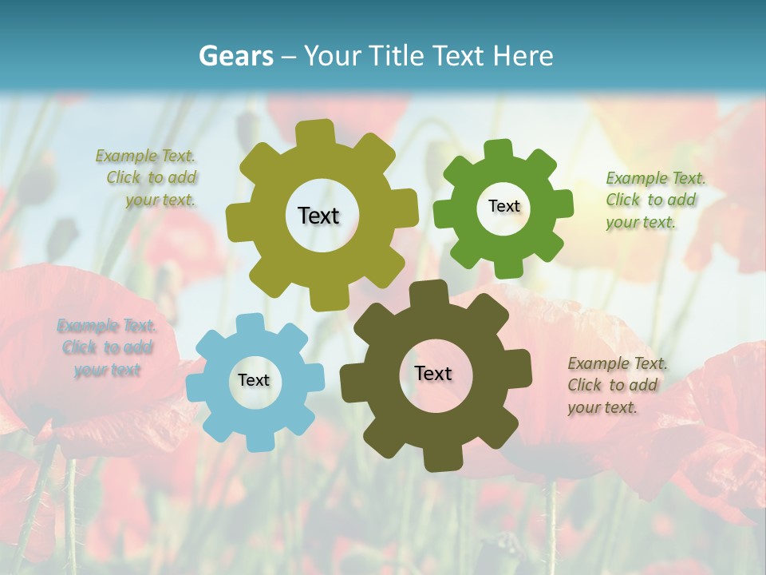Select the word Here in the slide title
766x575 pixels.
click(523, 56)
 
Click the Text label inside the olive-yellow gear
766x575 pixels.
click(318, 216)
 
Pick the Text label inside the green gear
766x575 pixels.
click(503, 206)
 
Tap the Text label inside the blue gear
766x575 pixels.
click(253, 381)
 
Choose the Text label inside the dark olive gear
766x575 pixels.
click(433, 374)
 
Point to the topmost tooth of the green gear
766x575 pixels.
click(498, 149)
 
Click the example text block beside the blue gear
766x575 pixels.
click(107, 347)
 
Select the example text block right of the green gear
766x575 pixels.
click(655, 200)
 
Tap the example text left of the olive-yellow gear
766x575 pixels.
click(147, 177)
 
